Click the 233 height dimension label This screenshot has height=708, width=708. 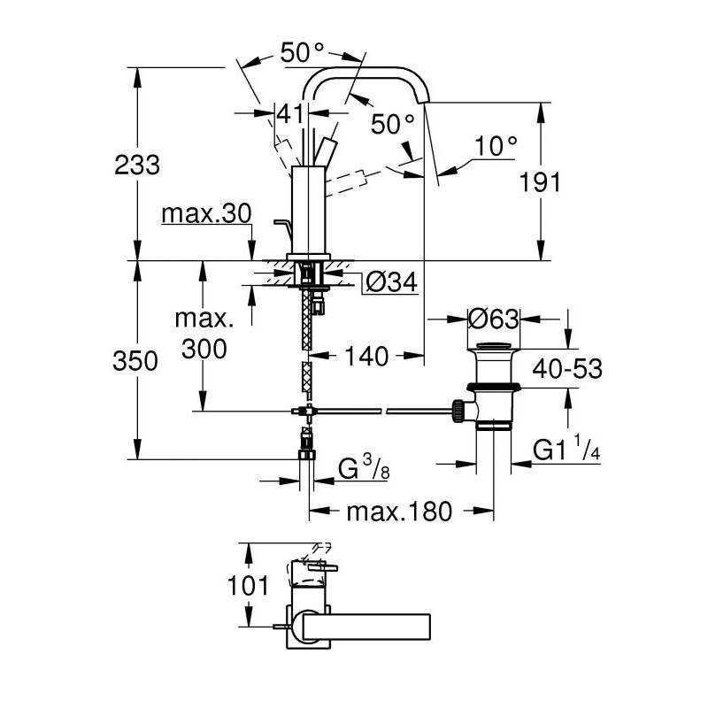pyautogui.click(x=137, y=165)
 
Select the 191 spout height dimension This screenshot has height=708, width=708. pyautogui.click(x=540, y=182)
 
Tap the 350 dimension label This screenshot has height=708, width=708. pyautogui.click(x=135, y=361)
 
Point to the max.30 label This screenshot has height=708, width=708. pyautogui.click(x=206, y=213)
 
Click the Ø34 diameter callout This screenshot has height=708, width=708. pyautogui.click(x=391, y=282)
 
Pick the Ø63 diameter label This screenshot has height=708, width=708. pyautogui.click(x=493, y=319)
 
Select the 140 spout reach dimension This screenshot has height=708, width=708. pyautogui.click(x=366, y=357)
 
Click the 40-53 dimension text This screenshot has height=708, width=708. pyautogui.click(x=567, y=368)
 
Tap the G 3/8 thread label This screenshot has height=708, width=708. pyautogui.click(x=364, y=468)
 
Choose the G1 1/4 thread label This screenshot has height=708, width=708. pyautogui.click(x=566, y=448)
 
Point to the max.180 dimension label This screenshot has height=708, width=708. pyautogui.click(x=399, y=512)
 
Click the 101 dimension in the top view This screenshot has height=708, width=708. pyautogui.click(x=248, y=586)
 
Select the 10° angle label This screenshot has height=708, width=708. pyautogui.click(x=496, y=145)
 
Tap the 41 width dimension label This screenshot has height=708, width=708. pyautogui.click(x=290, y=114)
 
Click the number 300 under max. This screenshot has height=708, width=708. pyautogui.click(x=204, y=349)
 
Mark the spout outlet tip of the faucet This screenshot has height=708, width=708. pyautogui.click(x=425, y=102)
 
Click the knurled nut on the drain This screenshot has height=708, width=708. pyautogui.click(x=458, y=411)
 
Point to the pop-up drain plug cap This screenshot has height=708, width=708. pyautogui.click(x=493, y=346)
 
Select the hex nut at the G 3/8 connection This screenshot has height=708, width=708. pyautogui.click(x=307, y=454)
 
